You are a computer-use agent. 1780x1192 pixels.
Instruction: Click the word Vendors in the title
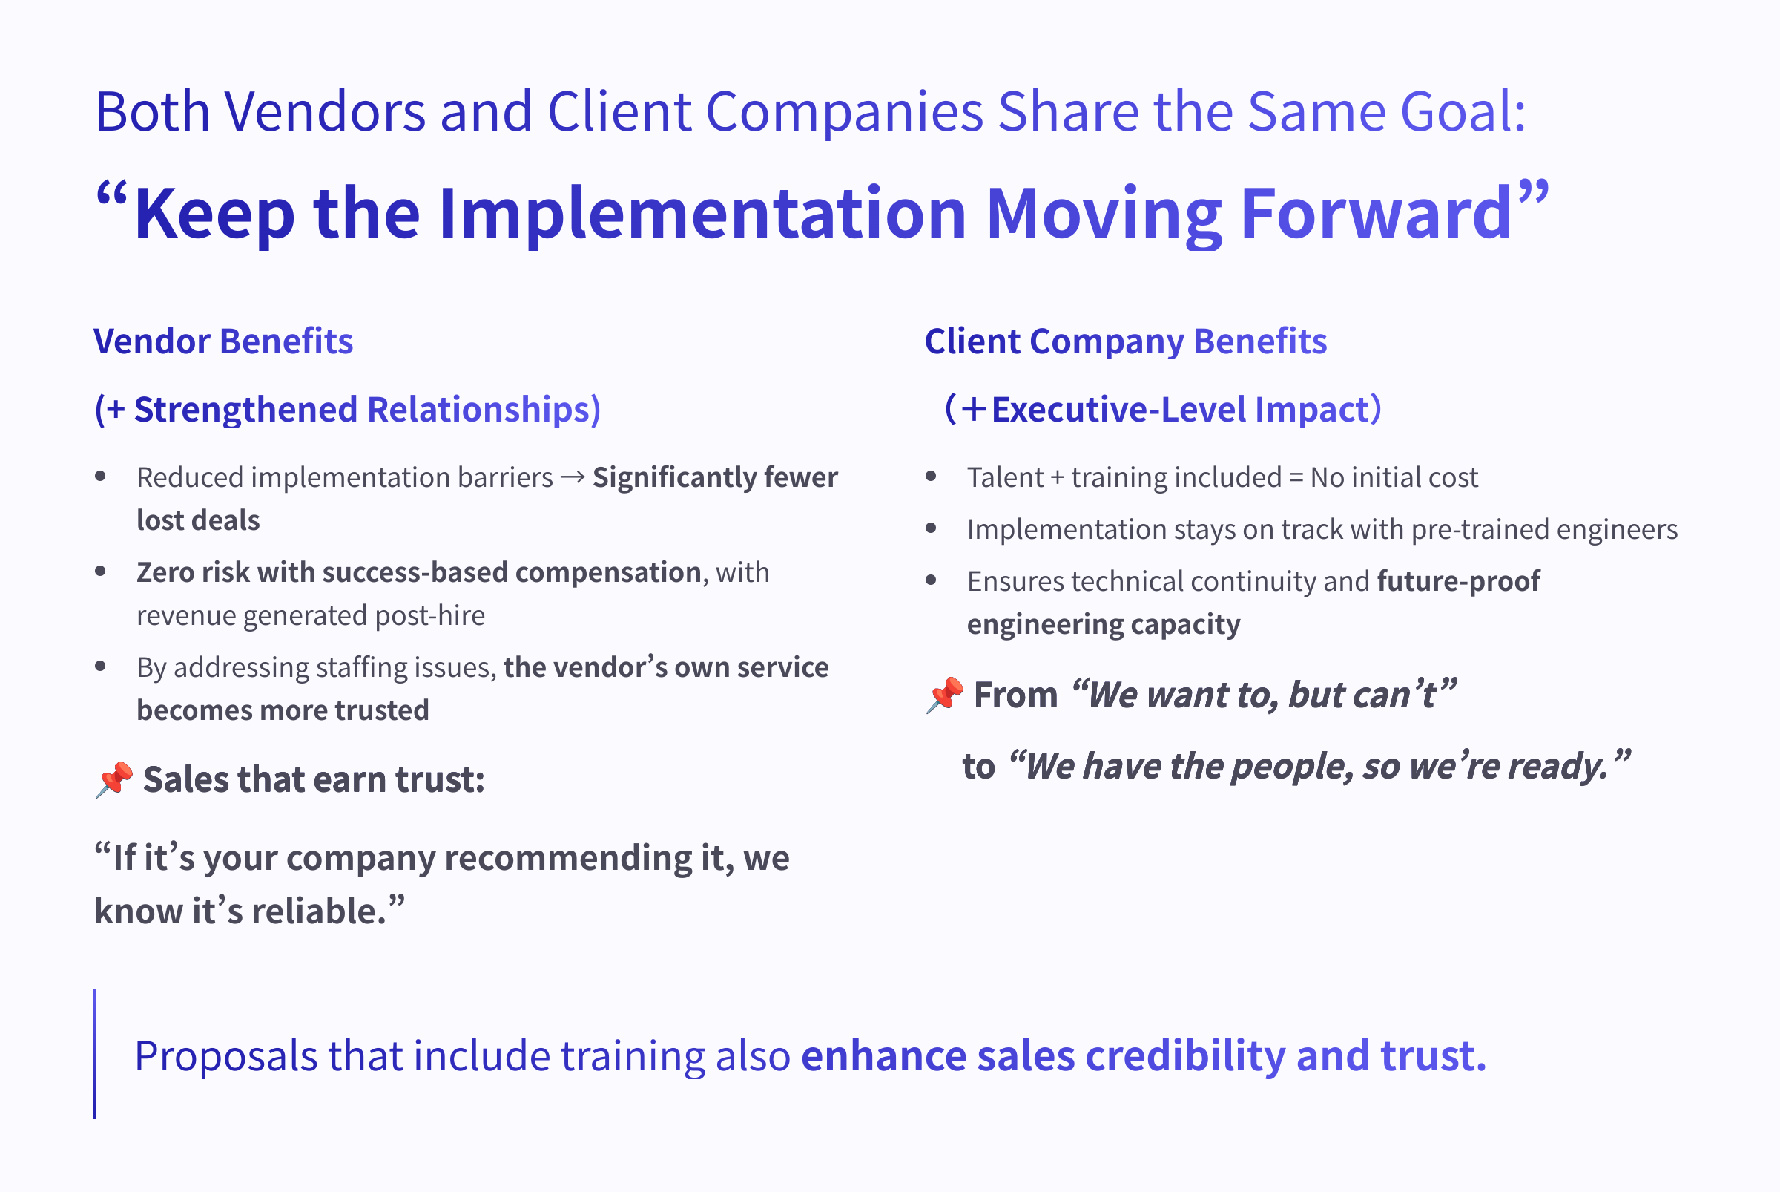[x=324, y=112]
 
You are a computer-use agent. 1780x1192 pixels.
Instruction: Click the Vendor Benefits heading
[x=223, y=341]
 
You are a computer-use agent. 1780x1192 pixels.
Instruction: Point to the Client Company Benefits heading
[x=1126, y=342]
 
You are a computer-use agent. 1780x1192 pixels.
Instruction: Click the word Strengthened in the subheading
[x=245, y=410]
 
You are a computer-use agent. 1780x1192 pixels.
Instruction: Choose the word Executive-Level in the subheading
[x=1118, y=410]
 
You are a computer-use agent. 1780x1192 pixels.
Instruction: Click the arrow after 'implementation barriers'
[x=572, y=477]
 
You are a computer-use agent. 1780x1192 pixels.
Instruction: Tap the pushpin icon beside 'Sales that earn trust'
[x=115, y=780]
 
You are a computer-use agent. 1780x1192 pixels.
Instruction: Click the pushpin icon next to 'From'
[x=945, y=695]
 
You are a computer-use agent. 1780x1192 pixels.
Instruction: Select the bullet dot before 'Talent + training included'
[x=932, y=477]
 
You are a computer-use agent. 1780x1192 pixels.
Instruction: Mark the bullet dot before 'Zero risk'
[x=100, y=572]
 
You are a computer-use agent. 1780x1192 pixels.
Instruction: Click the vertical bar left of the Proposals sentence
[x=95, y=1054]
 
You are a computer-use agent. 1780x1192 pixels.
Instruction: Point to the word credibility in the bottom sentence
[x=1185, y=1056]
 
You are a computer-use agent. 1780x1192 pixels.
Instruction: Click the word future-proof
[x=1459, y=582]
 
